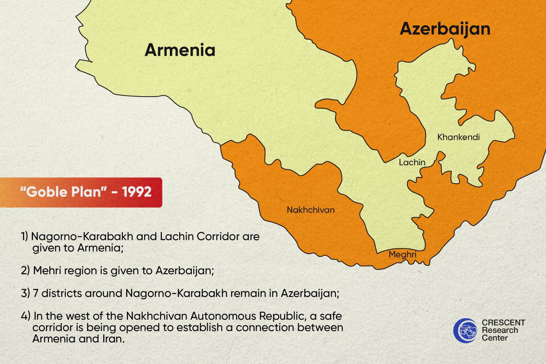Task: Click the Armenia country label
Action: click(180, 50)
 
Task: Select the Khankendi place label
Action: click(458, 137)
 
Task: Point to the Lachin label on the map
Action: click(412, 162)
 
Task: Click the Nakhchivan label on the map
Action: click(311, 210)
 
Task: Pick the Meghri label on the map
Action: click(403, 254)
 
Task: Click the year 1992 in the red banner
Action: click(137, 192)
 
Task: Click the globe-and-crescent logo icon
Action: click(465, 331)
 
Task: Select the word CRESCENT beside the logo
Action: click(504, 322)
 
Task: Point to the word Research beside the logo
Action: click(500, 330)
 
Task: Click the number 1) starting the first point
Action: click(24, 236)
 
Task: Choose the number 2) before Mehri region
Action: click(25, 270)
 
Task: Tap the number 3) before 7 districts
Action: click(25, 293)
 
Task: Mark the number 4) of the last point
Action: click(25, 316)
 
